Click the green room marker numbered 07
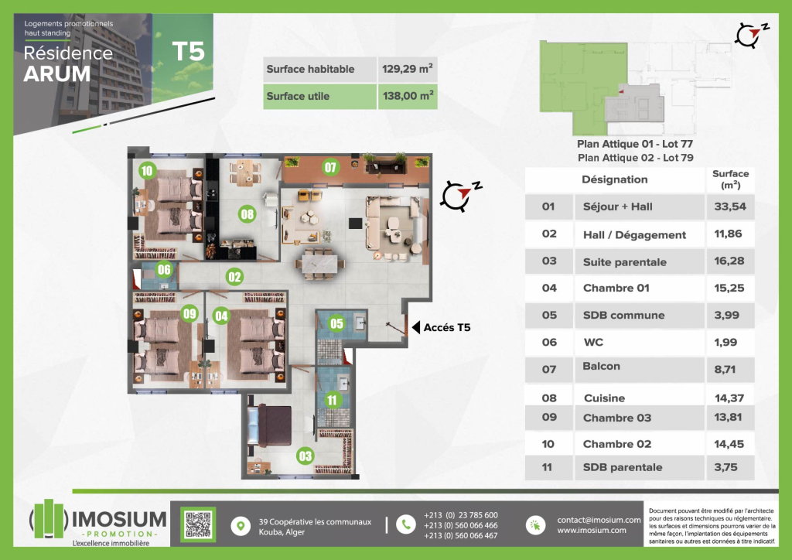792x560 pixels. [x=330, y=167]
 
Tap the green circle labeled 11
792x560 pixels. [x=331, y=400]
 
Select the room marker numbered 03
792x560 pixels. [x=305, y=456]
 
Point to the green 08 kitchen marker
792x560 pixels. [x=247, y=214]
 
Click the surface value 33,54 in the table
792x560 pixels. [x=730, y=206]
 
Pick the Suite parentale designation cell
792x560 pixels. [x=625, y=262]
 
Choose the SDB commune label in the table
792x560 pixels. [x=624, y=315]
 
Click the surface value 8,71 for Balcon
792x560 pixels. [x=724, y=369]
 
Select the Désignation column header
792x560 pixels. [x=615, y=179]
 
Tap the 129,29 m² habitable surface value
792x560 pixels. [x=407, y=69]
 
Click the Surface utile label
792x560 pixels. [x=298, y=96]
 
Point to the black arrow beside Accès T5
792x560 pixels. [x=415, y=327]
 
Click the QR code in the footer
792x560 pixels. [x=198, y=524]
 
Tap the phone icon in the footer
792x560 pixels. [x=405, y=524]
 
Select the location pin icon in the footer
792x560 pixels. [x=241, y=526]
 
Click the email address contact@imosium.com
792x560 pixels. [x=599, y=520]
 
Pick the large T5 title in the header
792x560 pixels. [x=188, y=51]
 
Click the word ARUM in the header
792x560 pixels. [x=57, y=74]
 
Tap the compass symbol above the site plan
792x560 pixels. [x=752, y=36]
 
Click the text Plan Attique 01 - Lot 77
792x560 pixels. [x=635, y=144]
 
